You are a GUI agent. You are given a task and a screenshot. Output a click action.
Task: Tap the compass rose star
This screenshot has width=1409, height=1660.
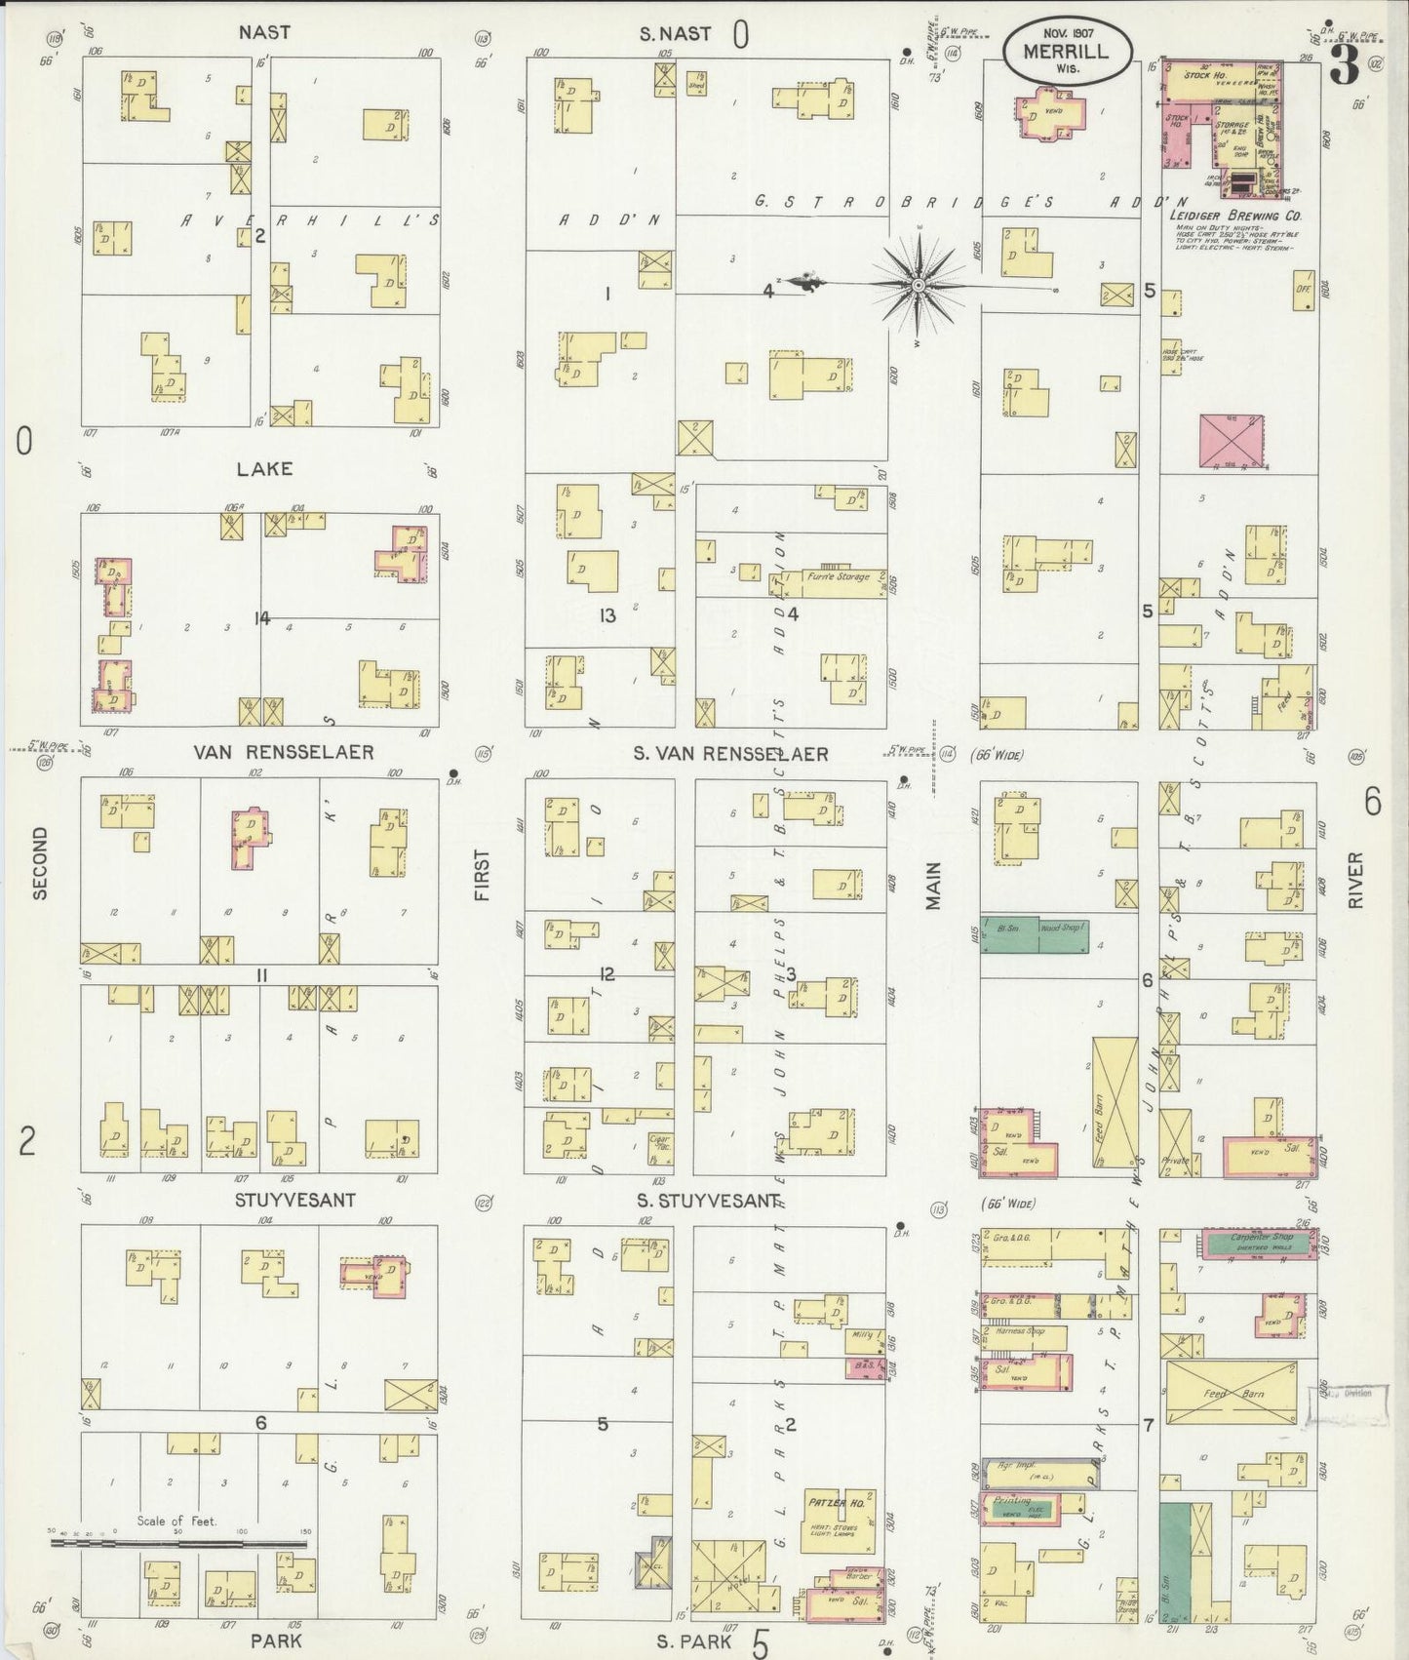pyautogui.click(x=917, y=285)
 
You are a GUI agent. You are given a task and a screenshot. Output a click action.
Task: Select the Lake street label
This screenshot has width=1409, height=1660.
pyautogui.click(x=264, y=469)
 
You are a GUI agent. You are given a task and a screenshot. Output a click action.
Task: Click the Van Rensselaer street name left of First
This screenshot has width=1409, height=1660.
pyautogui.click(x=269, y=752)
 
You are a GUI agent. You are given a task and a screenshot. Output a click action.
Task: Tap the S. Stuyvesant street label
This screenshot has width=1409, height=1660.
pyautogui.click(x=708, y=1200)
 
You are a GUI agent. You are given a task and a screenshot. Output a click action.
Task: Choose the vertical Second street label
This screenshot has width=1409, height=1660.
pyautogui.click(x=40, y=862)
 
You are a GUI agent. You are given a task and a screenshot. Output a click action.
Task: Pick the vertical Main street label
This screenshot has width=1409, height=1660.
pyautogui.click(x=933, y=886)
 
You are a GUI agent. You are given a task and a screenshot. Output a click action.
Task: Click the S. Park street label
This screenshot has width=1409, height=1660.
pyautogui.click(x=694, y=1641)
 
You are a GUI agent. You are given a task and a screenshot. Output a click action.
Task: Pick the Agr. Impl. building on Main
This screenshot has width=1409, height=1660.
pyautogui.click(x=1039, y=1472)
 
